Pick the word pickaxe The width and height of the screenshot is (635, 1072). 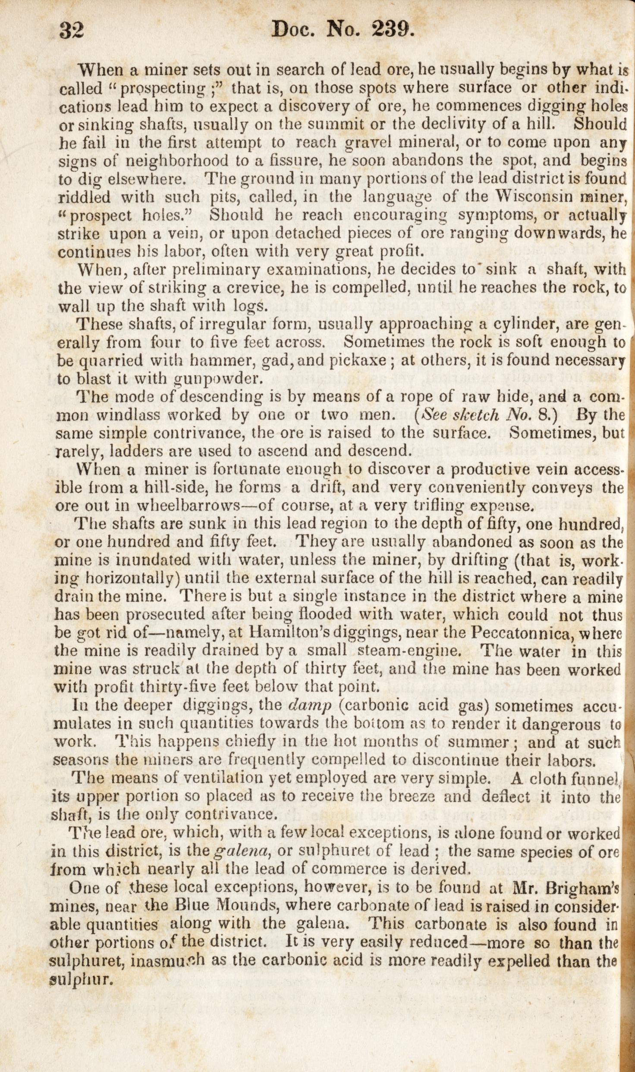[x=358, y=360]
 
